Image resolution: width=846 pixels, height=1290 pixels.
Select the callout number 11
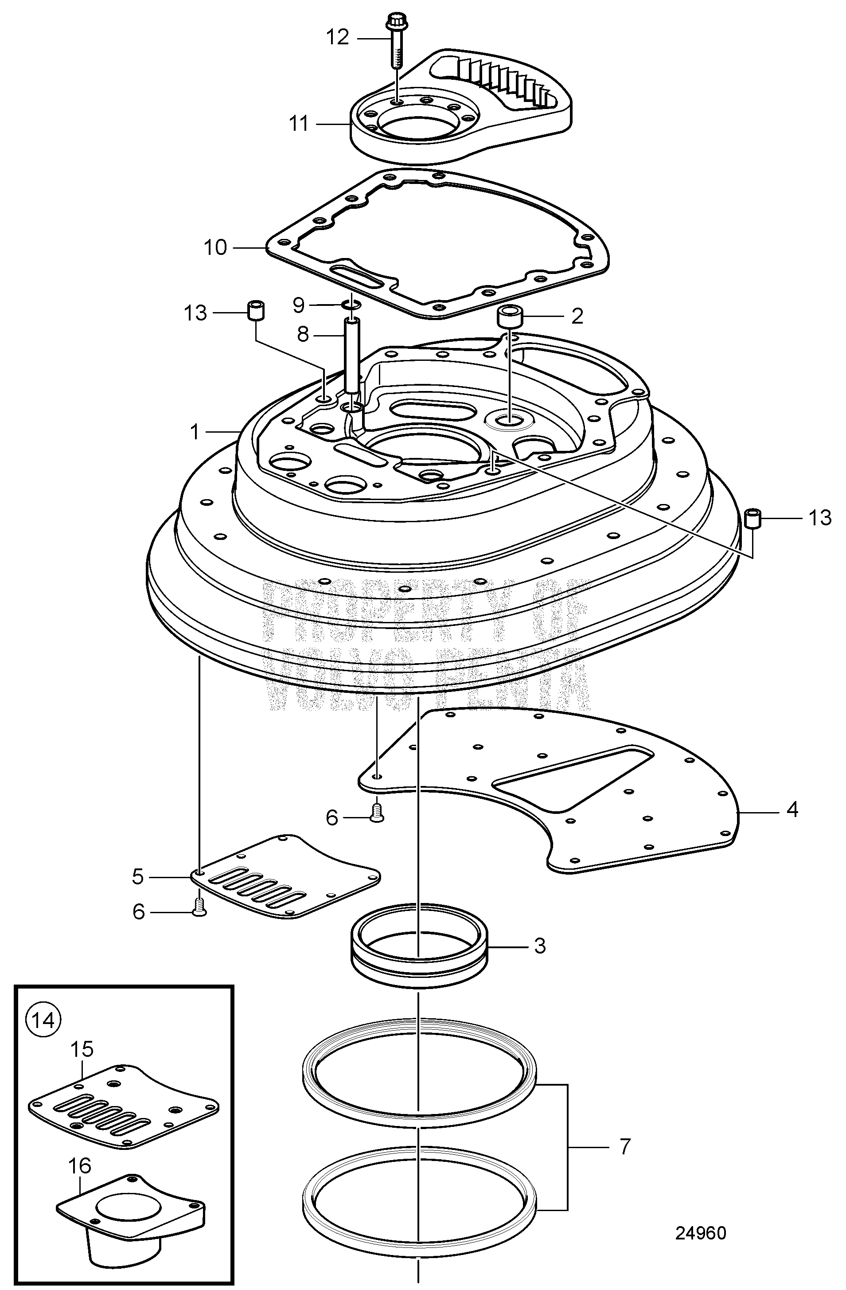pyautogui.click(x=299, y=124)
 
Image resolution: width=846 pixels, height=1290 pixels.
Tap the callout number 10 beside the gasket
pyautogui.click(x=215, y=248)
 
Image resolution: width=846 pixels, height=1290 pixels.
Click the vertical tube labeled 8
pyautogui.click(x=352, y=358)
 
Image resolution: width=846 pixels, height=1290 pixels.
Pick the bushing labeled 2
pyautogui.click(x=509, y=317)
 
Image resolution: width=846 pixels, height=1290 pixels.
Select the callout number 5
pyautogui.click(x=138, y=876)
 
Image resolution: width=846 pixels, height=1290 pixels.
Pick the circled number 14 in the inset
pyautogui.click(x=44, y=1020)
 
